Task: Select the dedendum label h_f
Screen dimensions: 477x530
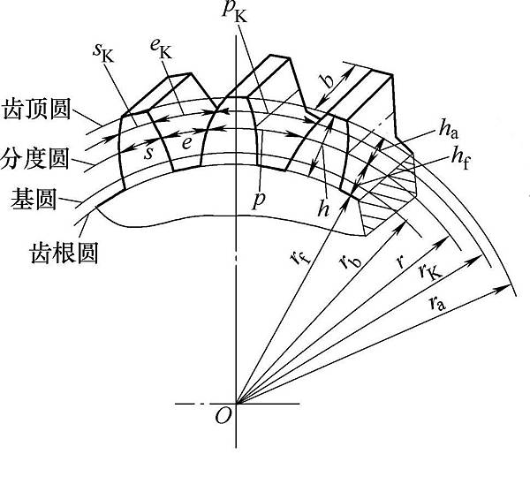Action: (460, 155)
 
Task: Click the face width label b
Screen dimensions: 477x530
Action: (328, 83)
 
